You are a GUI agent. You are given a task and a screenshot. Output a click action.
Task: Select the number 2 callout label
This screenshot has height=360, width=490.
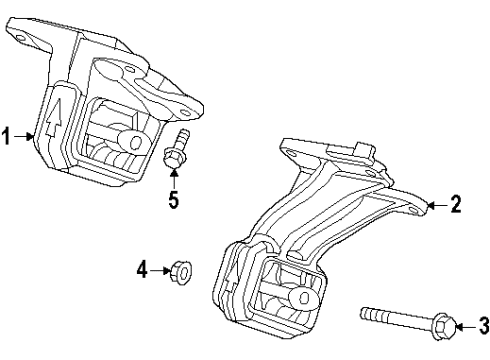[456, 206]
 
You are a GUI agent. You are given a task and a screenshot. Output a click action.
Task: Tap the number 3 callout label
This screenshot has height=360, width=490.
[483, 323]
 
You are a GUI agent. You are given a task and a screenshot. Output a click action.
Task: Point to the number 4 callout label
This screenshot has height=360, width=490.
[142, 268]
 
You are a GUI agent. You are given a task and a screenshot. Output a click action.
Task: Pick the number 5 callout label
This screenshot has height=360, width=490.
[173, 199]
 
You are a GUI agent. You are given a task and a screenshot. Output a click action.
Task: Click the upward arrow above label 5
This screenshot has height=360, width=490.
[173, 178]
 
